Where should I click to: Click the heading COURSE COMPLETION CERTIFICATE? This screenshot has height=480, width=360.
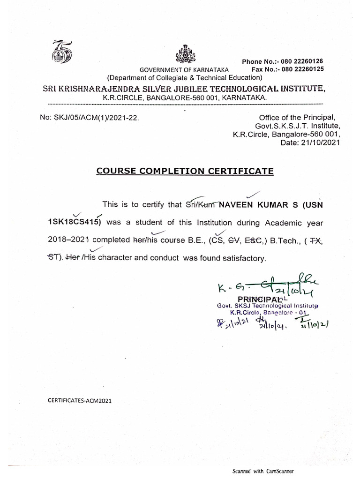[x=185, y=172]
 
